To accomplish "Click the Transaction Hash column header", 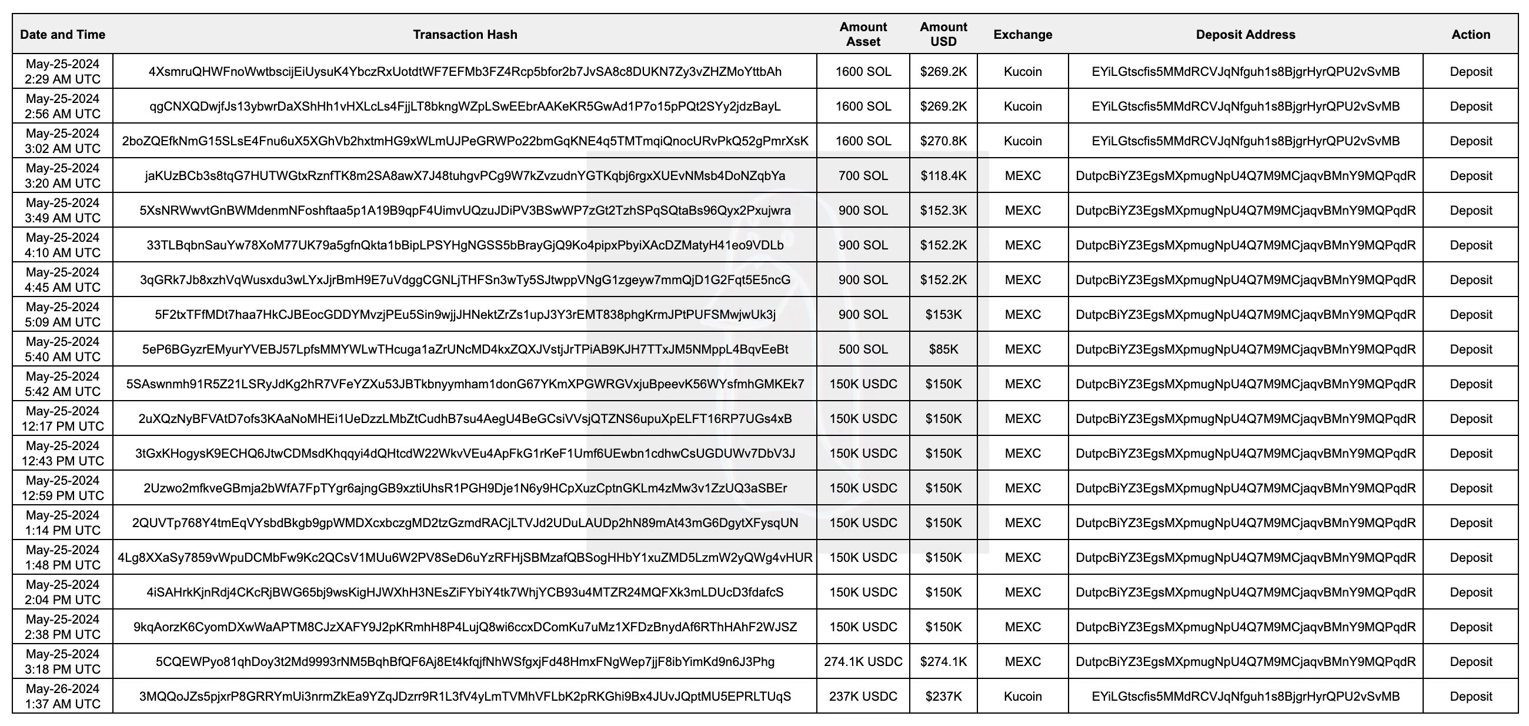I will click(465, 35).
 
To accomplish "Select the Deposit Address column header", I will click(1246, 35).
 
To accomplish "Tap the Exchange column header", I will click(1022, 35).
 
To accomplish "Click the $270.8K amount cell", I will click(943, 141).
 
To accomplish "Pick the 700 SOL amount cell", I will click(863, 176).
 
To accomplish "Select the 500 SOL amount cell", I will click(863, 349).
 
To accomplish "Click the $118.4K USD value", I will click(943, 176).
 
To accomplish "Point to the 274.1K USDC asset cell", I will click(863, 661).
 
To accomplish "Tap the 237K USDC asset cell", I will click(863, 697).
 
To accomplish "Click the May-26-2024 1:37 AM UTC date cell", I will click(62, 697).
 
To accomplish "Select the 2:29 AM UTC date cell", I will click(62, 72).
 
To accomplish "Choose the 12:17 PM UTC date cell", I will click(62, 418).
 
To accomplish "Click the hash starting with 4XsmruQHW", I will click(465, 72).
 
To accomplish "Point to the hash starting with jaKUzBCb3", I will click(465, 176).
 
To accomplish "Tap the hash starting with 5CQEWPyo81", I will click(465, 661).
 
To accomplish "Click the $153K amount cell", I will click(943, 315).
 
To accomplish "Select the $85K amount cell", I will click(943, 349).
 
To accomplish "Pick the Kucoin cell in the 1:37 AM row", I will click(1022, 697).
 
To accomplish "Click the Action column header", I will click(1470, 35).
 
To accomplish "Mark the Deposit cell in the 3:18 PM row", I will click(1470, 661).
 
